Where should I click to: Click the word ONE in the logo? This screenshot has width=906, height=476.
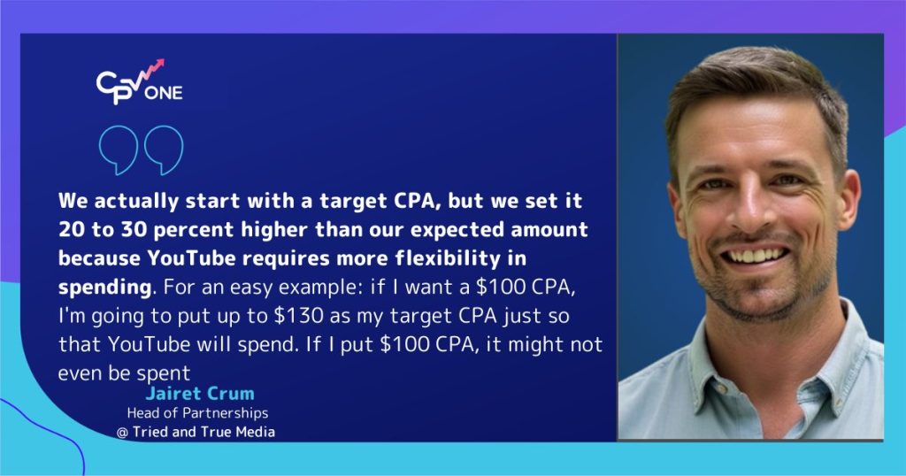[166, 93]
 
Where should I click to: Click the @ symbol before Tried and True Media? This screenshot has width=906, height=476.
[122, 432]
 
